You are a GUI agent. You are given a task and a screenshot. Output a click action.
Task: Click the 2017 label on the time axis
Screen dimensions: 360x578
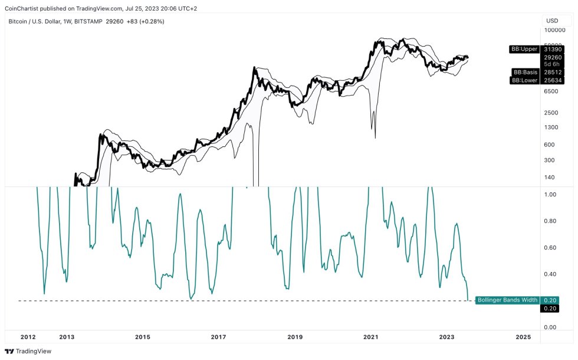click(x=218, y=337)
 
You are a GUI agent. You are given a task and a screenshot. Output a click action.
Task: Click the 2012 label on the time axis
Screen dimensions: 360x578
click(x=28, y=337)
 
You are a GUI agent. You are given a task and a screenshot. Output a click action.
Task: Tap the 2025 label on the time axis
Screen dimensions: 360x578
click(x=523, y=337)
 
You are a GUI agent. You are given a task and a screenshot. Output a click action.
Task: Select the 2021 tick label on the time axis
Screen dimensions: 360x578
click(x=370, y=337)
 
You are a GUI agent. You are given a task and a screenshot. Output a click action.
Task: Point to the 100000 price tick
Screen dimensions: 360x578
click(x=555, y=30)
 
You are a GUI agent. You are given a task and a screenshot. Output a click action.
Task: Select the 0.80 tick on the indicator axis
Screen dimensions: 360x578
click(x=551, y=221)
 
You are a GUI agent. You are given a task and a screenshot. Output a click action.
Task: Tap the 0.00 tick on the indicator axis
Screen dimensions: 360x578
click(x=551, y=328)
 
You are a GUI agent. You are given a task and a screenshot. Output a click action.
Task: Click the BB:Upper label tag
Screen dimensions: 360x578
click(x=524, y=49)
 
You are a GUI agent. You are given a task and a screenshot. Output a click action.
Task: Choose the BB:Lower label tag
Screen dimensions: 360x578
click(x=524, y=80)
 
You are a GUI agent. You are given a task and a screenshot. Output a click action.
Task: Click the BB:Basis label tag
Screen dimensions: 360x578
click(x=524, y=71)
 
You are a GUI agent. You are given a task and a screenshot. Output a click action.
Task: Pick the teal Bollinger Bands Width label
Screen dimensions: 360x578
click(x=507, y=300)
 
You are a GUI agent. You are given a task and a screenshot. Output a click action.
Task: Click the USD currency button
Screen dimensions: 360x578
click(x=553, y=21)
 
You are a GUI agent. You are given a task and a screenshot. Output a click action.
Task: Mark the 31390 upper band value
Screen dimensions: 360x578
click(x=553, y=49)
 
